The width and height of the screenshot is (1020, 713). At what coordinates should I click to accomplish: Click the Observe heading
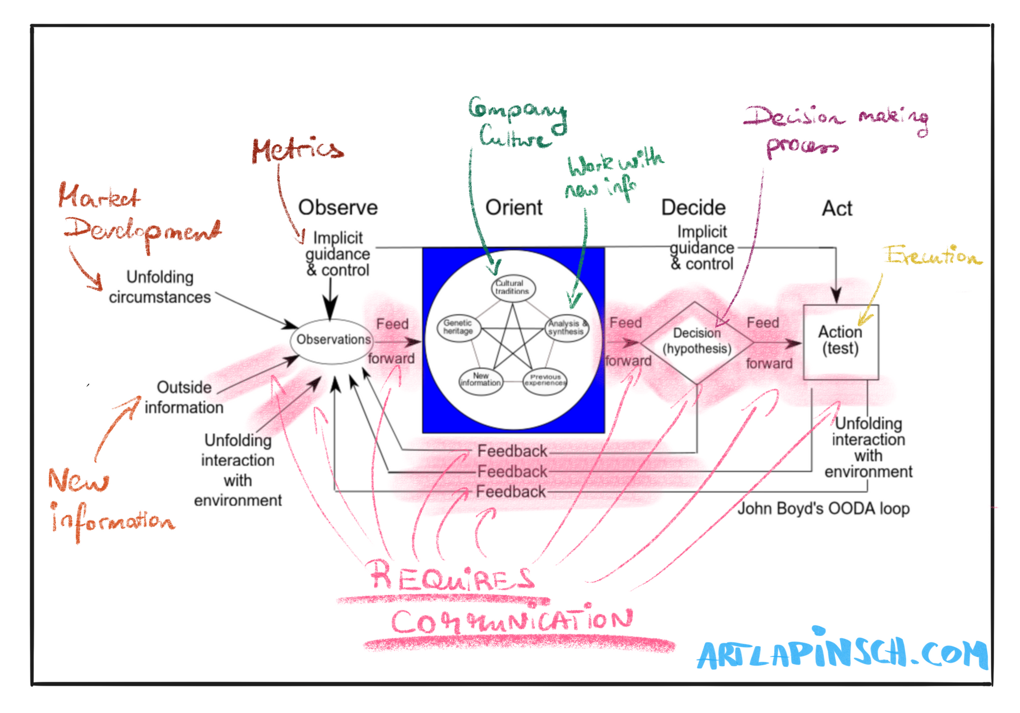[338, 208]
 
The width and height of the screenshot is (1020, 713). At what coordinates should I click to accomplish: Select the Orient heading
[514, 208]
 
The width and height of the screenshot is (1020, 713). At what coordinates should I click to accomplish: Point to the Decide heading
[693, 208]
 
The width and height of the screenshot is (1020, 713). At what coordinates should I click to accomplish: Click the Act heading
[837, 208]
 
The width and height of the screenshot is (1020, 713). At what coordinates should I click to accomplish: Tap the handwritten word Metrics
[297, 150]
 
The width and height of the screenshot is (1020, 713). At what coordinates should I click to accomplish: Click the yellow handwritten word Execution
[933, 255]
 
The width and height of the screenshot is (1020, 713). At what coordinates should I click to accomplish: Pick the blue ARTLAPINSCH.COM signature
[842, 649]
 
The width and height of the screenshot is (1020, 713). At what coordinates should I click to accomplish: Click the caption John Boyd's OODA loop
[823, 509]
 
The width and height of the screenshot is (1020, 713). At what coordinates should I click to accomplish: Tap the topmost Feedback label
[512, 451]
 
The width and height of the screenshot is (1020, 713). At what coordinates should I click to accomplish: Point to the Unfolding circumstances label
[160, 287]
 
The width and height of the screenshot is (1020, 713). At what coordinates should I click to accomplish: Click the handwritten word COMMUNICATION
[512, 620]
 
